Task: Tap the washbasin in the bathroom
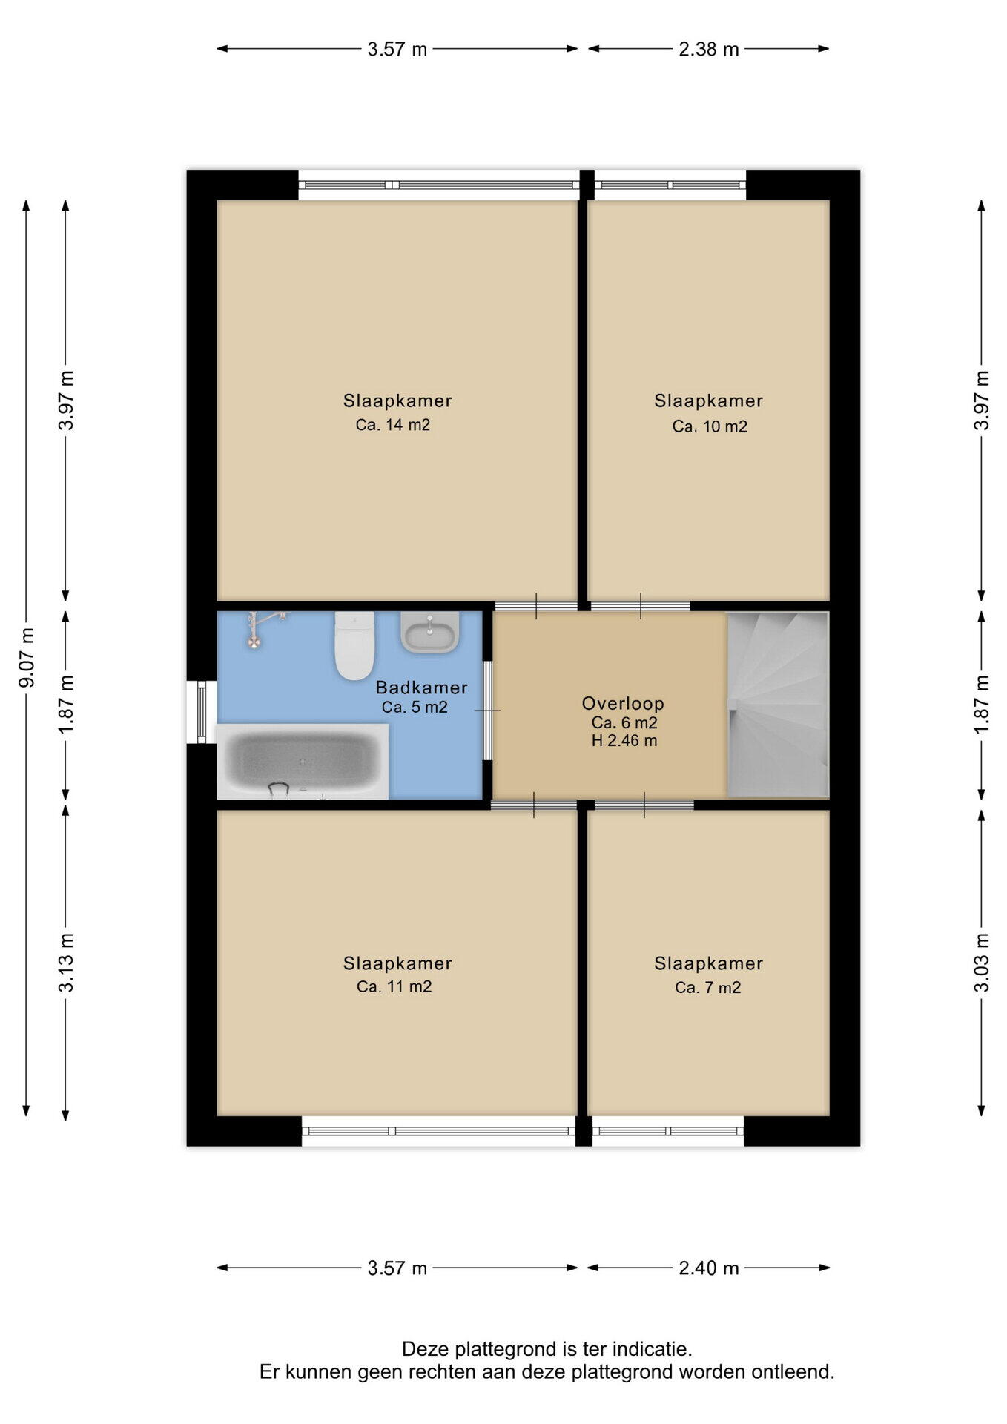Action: tap(430, 633)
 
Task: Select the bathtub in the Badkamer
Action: tap(303, 762)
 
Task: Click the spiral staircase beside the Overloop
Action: tap(777, 705)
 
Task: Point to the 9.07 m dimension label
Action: tap(27, 657)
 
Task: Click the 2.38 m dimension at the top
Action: tap(709, 50)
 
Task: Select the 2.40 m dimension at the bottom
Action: tap(709, 1268)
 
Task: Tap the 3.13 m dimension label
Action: tap(67, 962)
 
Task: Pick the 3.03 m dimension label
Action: tap(982, 962)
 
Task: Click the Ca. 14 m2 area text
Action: tap(393, 425)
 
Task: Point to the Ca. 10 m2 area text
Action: tap(710, 426)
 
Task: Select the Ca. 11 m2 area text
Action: tap(394, 986)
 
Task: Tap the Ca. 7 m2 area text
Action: tap(708, 987)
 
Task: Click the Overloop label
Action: tap(623, 703)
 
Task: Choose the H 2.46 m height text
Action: tap(624, 740)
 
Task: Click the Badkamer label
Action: tap(422, 688)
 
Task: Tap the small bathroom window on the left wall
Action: tap(202, 712)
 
